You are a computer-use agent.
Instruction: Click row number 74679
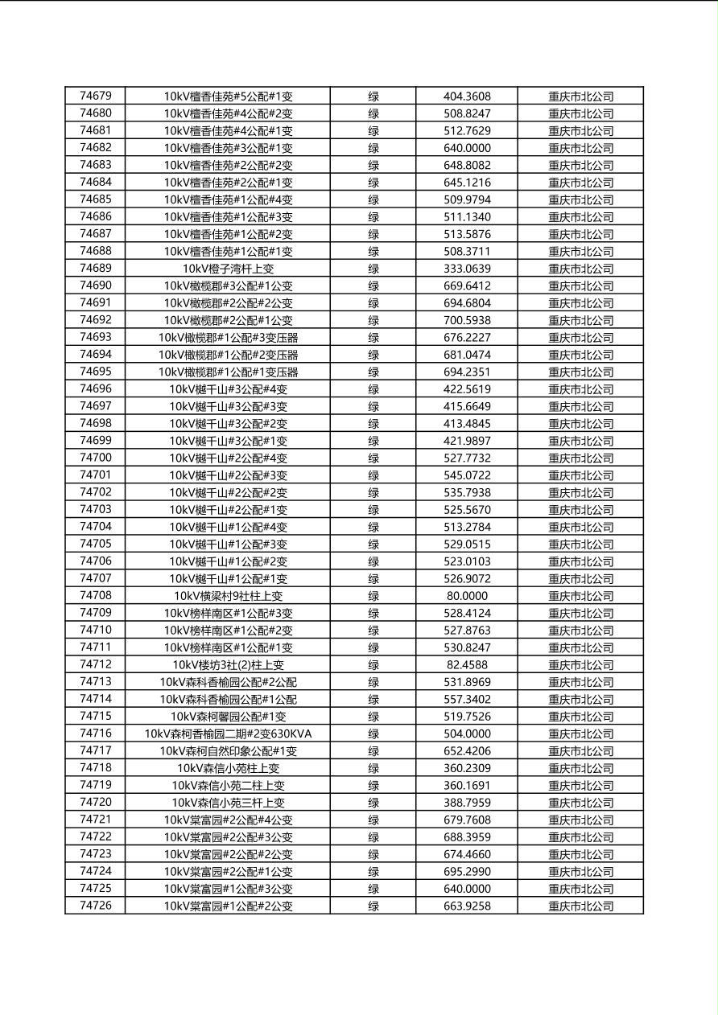tap(96, 96)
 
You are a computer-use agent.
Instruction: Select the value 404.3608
tap(467, 97)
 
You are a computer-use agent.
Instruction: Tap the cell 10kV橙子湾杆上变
tap(228, 269)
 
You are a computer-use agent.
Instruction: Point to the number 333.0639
tap(467, 269)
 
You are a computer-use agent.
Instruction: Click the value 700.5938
tap(467, 320)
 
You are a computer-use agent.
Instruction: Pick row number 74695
tap(96, 372)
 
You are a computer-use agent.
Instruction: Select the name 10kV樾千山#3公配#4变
tap(228, 389)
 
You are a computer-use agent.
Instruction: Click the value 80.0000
tap(467, 596)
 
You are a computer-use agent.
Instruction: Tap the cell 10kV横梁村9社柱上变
tap(228, 596)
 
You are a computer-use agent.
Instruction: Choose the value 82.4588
tap(467, 665)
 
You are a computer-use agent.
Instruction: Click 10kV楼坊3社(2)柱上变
tap(228, 665)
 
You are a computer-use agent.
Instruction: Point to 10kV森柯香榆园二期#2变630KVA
tap(228, 734)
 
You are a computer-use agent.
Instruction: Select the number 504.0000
tap(467, 734)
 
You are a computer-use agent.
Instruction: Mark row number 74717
tap(96, 750)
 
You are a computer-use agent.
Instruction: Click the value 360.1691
tap(467, 785)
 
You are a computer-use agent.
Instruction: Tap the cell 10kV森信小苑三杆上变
tap(228, 803)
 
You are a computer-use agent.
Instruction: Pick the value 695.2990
tap(467, 871)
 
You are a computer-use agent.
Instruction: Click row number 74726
tap(96, 906)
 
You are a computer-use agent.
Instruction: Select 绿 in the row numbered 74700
tap(373, 458)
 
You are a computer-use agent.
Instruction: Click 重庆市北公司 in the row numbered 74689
tap(580, 269)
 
